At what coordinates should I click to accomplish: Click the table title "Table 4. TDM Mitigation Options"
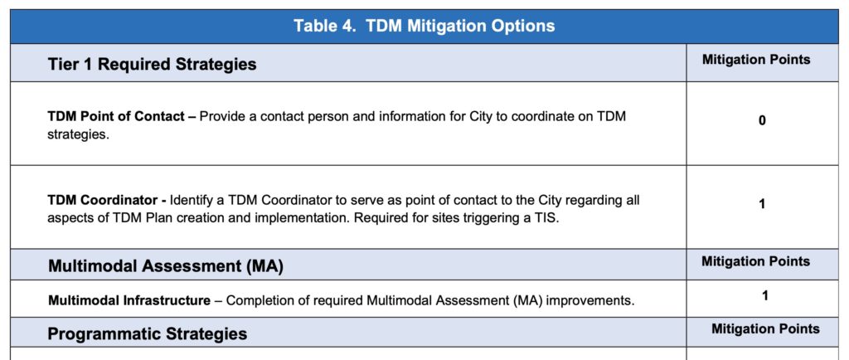(424, 26)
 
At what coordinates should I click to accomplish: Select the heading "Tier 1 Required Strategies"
(152, 64)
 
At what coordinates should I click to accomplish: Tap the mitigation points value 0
(762, 121)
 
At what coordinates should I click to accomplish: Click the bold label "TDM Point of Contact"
(116, 116)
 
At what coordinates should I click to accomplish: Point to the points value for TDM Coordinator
(763, 204)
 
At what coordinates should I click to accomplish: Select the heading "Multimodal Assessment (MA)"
(166, 266)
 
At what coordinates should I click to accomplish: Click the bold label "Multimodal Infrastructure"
(129, 300)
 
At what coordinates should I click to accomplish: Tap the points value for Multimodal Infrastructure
(764, 296)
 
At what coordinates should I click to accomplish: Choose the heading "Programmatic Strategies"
(148, 333)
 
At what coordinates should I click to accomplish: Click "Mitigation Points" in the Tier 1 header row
(756, 60)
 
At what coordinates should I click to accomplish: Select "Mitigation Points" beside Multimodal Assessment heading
(756, 261)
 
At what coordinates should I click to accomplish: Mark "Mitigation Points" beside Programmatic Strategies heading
(765, 328)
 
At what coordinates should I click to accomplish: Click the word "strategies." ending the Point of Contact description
(78, 135)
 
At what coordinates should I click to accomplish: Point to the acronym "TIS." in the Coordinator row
(546, 219)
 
